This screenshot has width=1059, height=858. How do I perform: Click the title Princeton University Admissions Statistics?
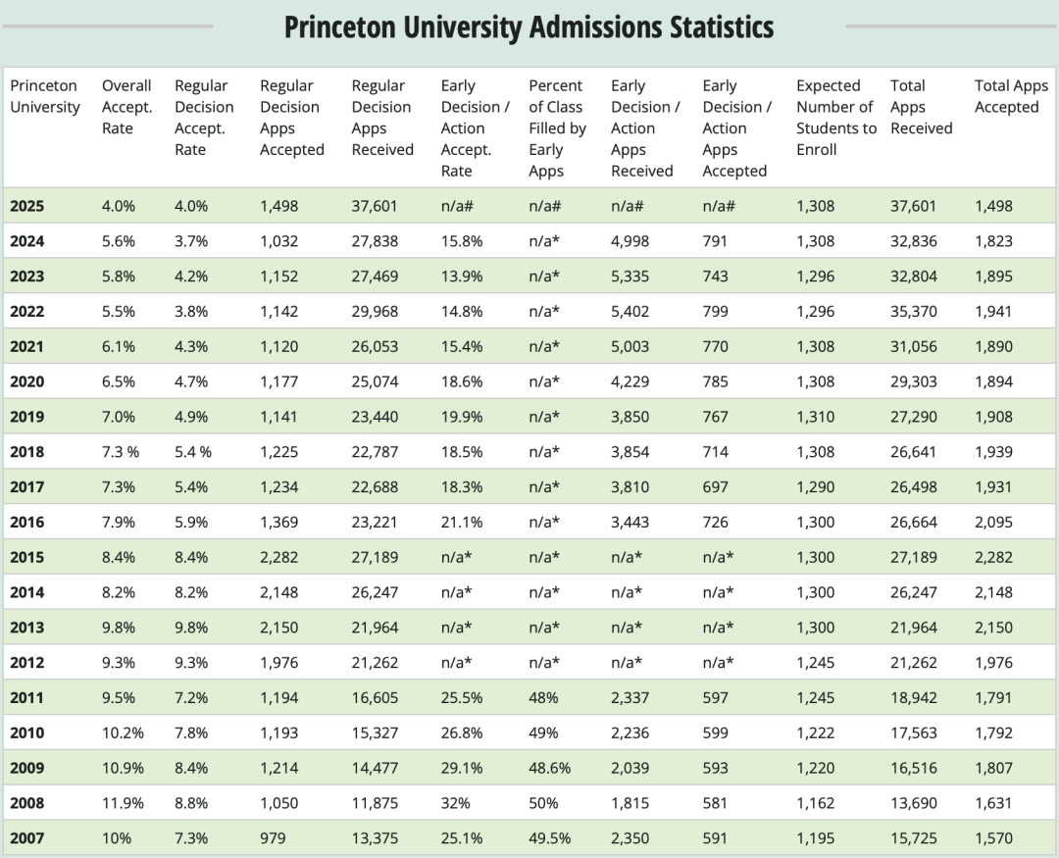529,27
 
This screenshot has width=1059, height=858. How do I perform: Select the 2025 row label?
27,206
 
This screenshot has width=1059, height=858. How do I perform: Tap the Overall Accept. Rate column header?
126,107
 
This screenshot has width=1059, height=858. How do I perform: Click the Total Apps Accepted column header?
1011,96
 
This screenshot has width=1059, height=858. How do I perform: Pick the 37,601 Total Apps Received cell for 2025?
913,206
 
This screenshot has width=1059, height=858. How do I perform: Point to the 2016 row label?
27,522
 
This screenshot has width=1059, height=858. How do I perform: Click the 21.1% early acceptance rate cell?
462,522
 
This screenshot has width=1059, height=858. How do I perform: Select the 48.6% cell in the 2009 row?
549,768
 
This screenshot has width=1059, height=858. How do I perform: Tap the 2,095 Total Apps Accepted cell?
994,522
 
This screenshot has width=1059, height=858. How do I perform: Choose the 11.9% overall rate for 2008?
123,803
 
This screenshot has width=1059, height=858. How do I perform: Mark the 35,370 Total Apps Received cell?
913,312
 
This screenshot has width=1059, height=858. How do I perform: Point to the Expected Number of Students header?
834,118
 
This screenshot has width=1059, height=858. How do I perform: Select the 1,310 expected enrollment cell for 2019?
816,417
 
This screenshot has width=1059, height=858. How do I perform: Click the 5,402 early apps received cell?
630,312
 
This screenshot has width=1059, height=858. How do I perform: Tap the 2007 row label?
27,838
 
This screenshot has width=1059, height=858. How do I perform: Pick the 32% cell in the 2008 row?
455,803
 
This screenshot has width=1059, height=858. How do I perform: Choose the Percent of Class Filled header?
557,127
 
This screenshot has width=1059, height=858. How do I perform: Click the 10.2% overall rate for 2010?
123,732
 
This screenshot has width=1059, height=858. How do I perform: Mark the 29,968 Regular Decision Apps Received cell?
375,312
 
